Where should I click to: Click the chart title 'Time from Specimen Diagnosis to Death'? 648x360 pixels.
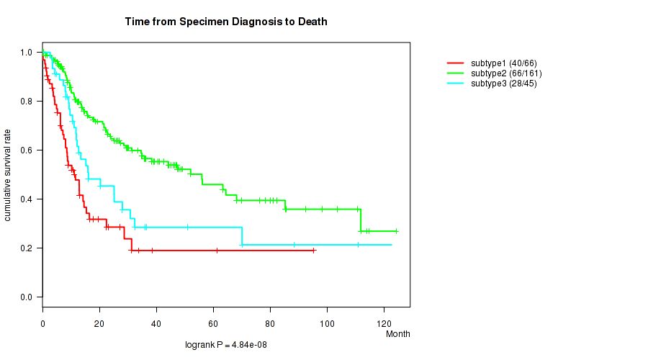coord(226,22)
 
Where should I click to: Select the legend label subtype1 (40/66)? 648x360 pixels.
coord(503,63)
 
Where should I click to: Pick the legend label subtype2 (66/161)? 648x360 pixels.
coord(506,73)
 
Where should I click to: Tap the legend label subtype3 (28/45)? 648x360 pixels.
coord(503,84)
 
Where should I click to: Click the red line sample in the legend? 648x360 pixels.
coord(455,63)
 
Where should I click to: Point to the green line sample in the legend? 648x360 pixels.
coord(455,73)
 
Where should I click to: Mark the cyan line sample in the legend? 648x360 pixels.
coord(455,84)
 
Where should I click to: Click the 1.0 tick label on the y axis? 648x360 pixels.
coord(26,53)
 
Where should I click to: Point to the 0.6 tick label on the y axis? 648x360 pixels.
coord(26,150)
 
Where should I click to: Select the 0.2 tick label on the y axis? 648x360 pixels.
coord(26,248)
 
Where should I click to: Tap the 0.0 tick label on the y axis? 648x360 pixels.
coord(26,297)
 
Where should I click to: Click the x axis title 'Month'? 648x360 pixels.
coord(397,334)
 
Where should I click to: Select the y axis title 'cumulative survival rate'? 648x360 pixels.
coord(8,175)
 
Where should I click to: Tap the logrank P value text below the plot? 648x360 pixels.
coord(226,346)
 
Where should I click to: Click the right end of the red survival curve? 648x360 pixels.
coord(315,251)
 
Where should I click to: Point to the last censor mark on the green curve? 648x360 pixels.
coord(396,231)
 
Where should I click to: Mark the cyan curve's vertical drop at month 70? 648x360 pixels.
coord(242,236)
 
